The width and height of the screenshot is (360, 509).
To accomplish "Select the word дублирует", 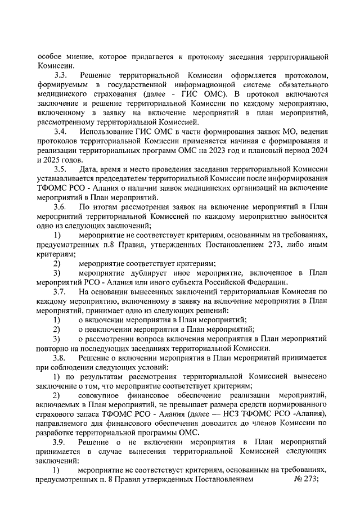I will click(x=151, y=272).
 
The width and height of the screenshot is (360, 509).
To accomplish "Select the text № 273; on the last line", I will click(x=307, y=480).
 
